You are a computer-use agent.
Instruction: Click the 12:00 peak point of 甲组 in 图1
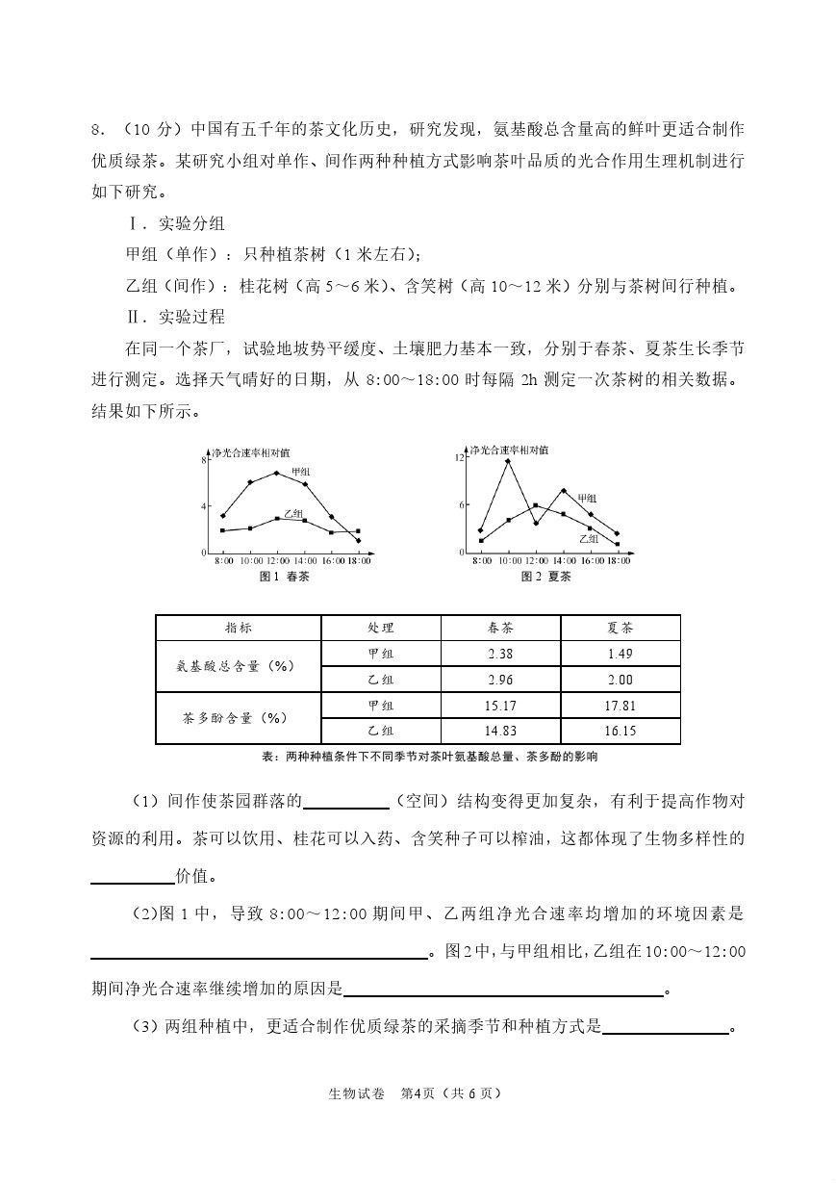(x=277, y=473)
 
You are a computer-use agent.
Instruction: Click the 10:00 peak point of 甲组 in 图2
(x=508, y=461)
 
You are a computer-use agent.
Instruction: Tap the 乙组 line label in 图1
(x=292, y=513)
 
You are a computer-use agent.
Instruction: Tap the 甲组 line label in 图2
(x=587, y=498)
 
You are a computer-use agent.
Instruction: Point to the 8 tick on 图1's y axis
(x=204, y=460)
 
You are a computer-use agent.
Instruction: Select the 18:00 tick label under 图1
(x=358, y=560)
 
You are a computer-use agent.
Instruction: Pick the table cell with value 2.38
(x=500, y=654)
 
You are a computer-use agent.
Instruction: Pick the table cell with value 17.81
(x=621, y=706)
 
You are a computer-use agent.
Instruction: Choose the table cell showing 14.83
(x=500, y=731)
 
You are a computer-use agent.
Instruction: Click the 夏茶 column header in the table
(x=621, y=628)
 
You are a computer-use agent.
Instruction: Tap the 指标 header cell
(x=238, y=628)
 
